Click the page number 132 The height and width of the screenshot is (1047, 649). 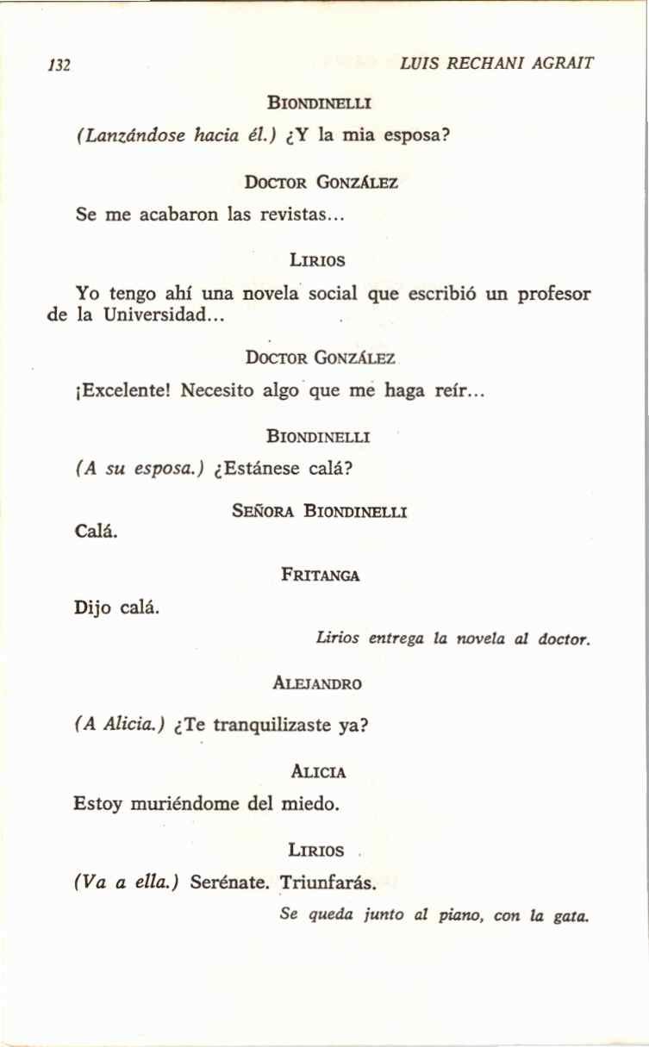tap(59, 65)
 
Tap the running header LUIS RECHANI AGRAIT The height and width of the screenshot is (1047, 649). tap(497, 64)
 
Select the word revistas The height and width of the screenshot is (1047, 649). tap(303, 215)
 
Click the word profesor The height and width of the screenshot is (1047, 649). tap(553, 293)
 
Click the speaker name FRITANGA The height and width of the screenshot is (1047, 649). tap(320, 576)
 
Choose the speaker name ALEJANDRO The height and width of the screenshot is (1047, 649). tap(317, 684)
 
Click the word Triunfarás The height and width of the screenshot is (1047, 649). tap(328, 883)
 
